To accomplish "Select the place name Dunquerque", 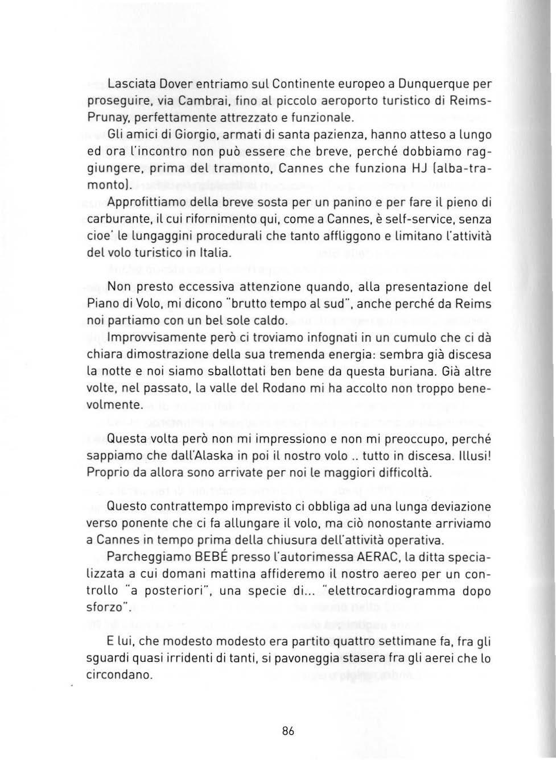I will pos(438,85).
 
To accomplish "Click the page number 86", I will pos(288,731).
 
